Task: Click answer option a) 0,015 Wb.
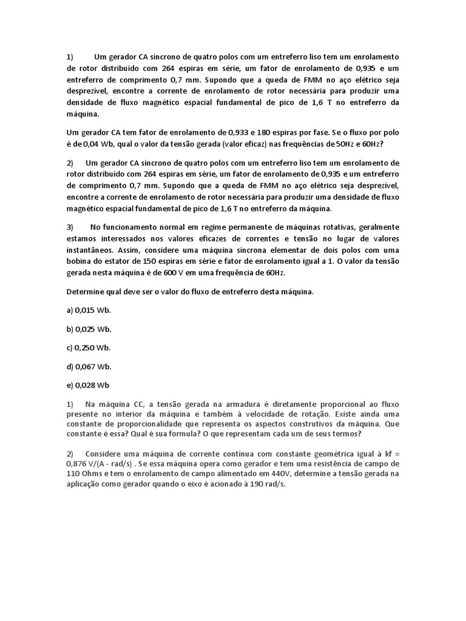point(89,310)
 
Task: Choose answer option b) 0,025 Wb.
point(89,329)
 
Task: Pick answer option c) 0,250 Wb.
point(89,347)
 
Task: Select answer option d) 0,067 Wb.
point(89,366)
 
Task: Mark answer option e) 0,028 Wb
point(89,385)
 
